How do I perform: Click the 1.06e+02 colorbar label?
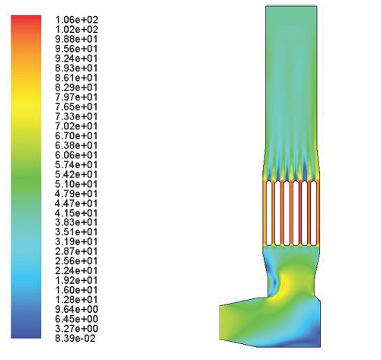point(76,20)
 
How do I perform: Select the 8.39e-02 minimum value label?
point(75,338)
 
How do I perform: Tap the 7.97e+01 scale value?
point(76,97)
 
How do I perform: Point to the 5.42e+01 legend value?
point(76,174)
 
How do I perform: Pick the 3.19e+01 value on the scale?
point(76,241)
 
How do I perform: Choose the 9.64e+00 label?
point(76,309)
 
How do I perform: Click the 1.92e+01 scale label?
point(76,280)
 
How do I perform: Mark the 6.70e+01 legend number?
point(76,135)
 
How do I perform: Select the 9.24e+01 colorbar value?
point(76,59)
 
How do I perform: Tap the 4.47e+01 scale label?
point(76,203)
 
